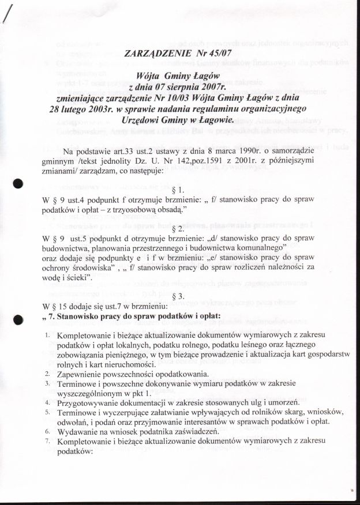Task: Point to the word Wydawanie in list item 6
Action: [80, 431]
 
